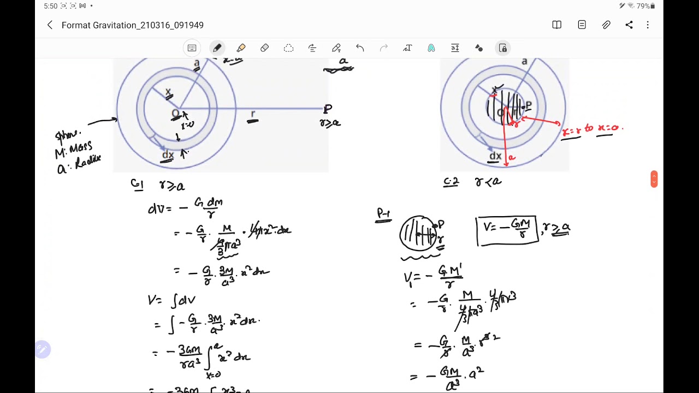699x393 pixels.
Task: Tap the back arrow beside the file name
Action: click(x=50, y=25)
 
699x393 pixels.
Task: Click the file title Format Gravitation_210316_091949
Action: click(x=132, y=25)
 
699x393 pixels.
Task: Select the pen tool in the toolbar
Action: click(x=217, y=48)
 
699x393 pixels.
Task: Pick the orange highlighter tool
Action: click(x=241, y=48)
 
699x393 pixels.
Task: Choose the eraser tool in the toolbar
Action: click(x=264, y=48)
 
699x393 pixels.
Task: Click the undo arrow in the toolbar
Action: click(x=360, y=48)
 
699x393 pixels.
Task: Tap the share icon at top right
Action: click(x=629, y=25)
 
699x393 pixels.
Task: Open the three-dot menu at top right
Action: click(x=648, y=25)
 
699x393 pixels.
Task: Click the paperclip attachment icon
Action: click(x=606, y=25)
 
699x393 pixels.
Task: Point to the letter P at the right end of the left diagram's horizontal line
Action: click(x=328, y=109)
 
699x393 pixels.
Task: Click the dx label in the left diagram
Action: click(x=168, y=156)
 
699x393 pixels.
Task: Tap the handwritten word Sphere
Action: click(x=68, y=135)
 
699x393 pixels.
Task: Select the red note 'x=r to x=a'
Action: click(x=592, y=129)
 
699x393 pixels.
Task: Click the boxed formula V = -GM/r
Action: click(x=507, y=231)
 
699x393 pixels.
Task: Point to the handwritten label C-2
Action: click(x=451, y=182)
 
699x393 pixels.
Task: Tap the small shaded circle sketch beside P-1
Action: click(x=419, y=234)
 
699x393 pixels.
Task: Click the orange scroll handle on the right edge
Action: click(x=654, y=178)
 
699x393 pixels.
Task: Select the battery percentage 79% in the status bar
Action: click(x=643, y=6)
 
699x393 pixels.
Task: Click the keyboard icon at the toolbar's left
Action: click(x=192, y=48)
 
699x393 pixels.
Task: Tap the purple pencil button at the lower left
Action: click(x=43, y=349)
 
